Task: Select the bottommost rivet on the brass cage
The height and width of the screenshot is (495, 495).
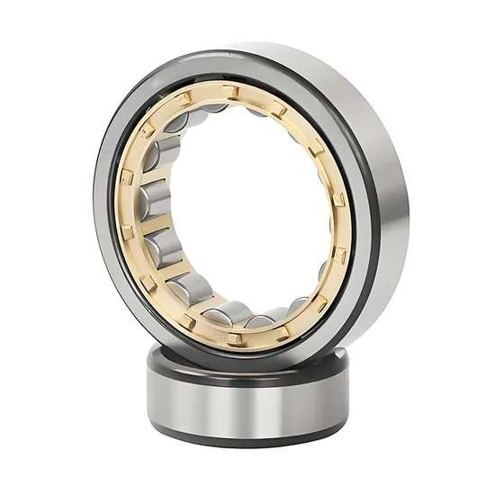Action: [x=236, y=337]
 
